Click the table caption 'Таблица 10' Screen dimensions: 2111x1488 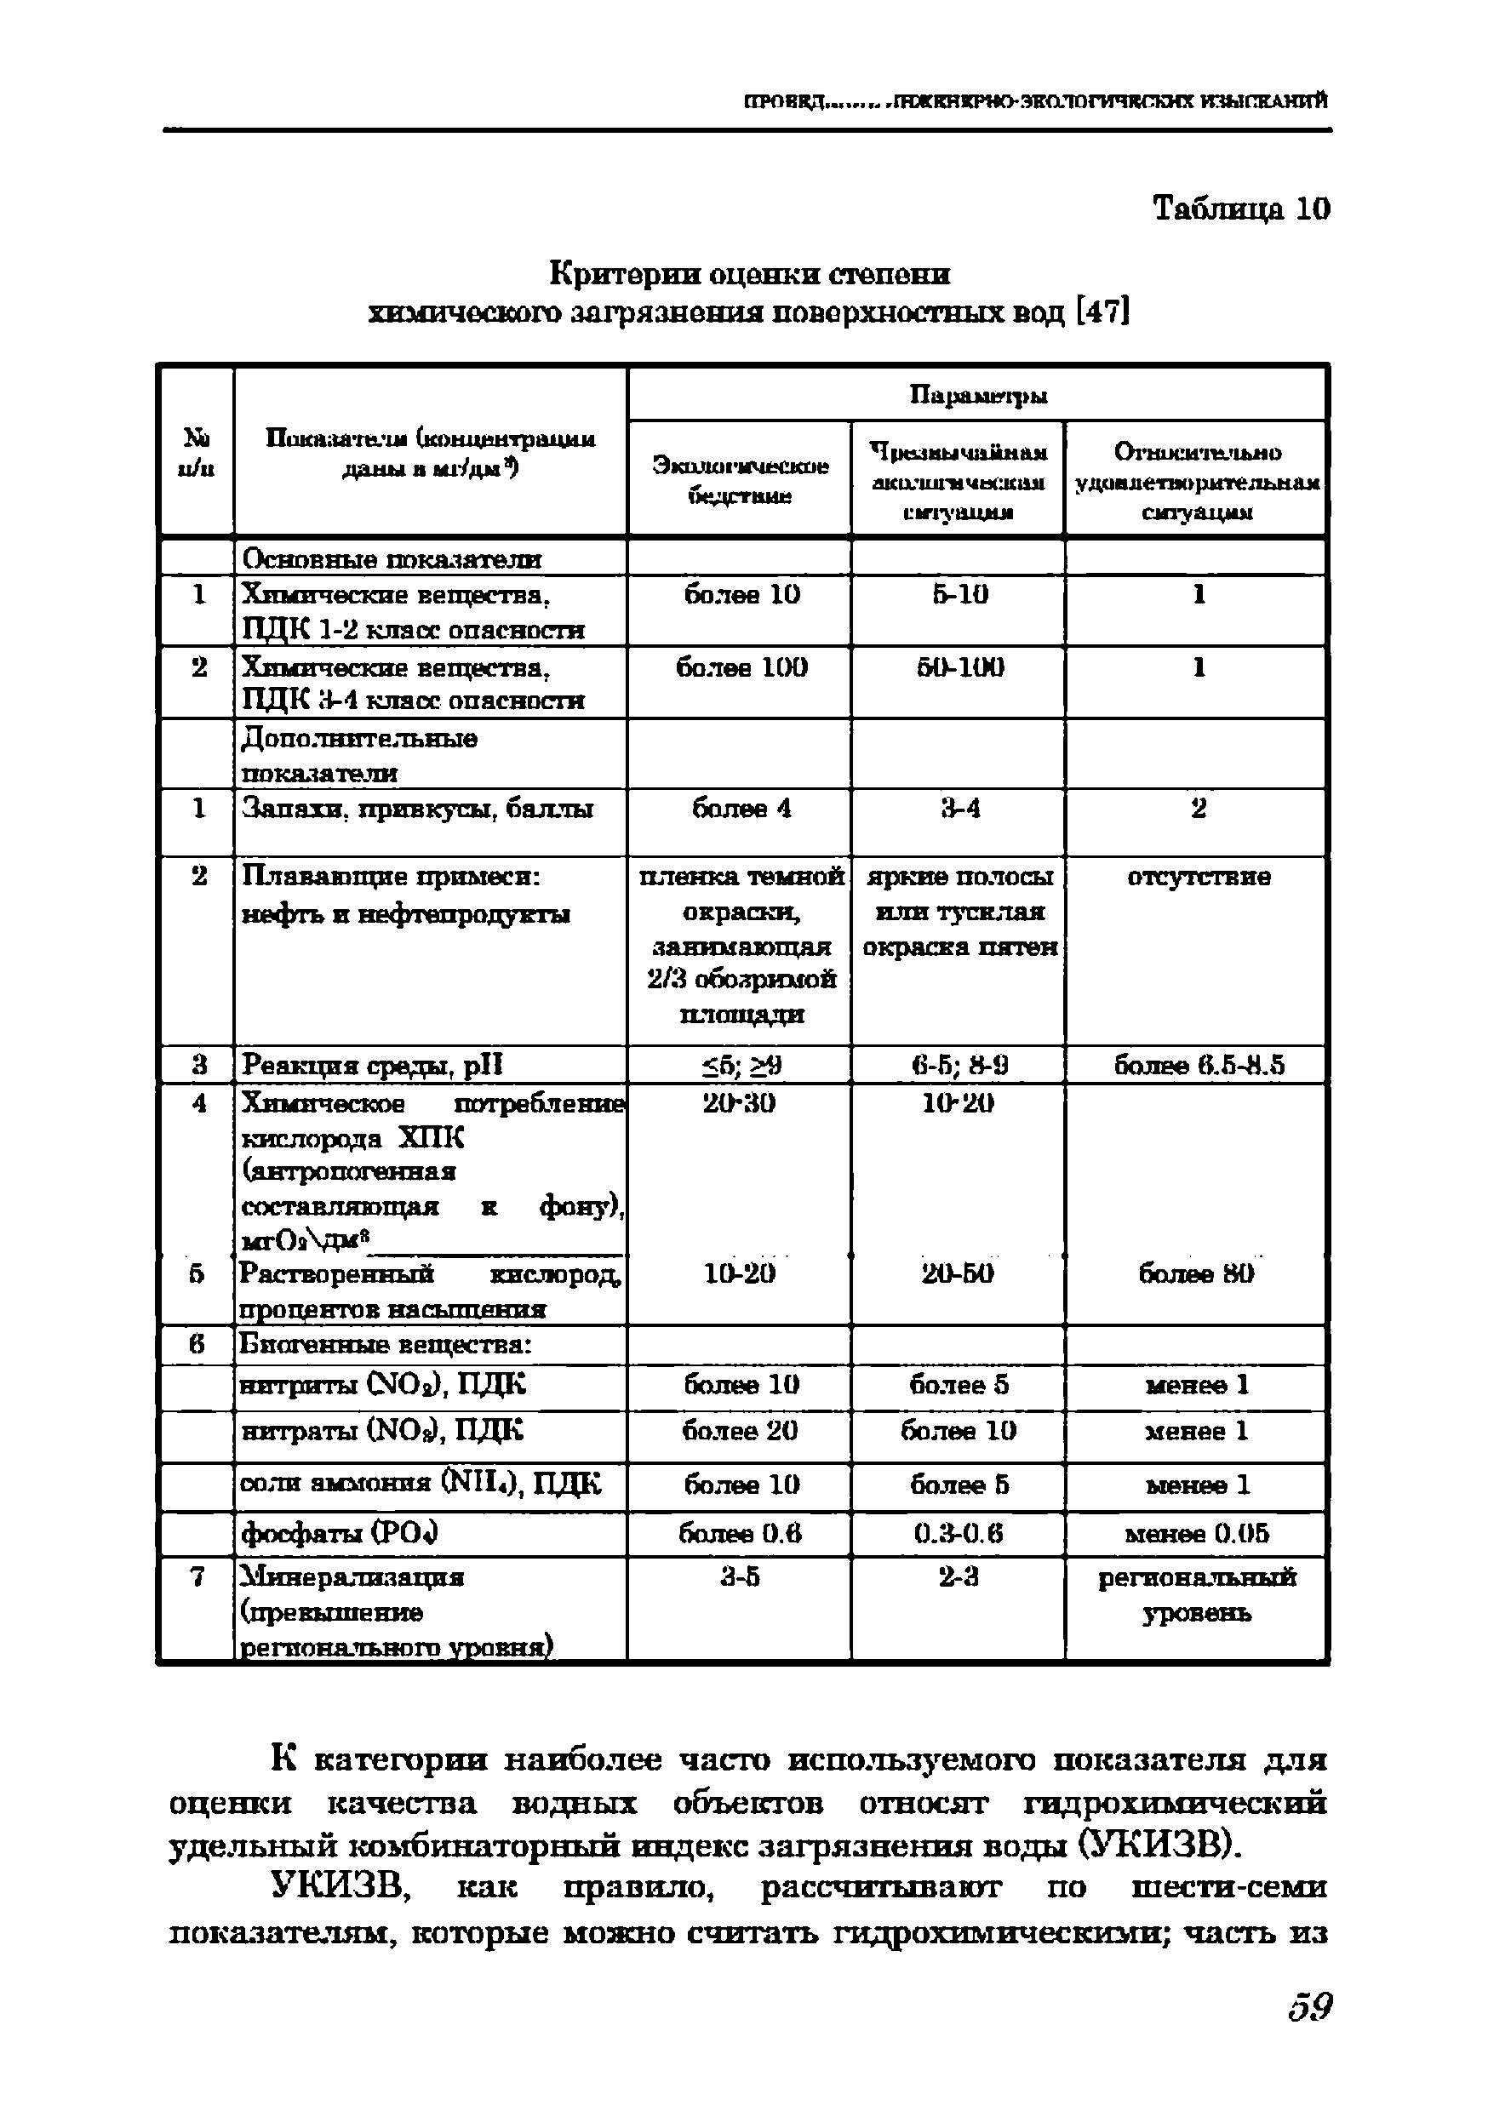click(x=1240, y=209)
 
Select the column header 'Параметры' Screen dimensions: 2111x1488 click(x=978, y=395)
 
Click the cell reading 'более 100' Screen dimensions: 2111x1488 click(x=741, y=666)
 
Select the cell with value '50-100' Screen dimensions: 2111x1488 click(x=960, y=666)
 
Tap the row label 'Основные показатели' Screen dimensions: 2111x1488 click(x=391, y=559)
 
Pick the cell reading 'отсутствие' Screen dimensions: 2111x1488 click(x=1199, y=877)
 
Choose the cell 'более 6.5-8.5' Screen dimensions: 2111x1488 click(x=1199, y=1066)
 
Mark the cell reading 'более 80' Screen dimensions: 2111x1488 click(x=1197, y=1273)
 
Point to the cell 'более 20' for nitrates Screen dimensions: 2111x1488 click(x=741, y=1431)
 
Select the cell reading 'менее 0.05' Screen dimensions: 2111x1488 click(x=1197, y=1533)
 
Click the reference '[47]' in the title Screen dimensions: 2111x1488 click(x=1101, y=313)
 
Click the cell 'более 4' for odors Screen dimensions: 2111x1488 click(x=741, y=810)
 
